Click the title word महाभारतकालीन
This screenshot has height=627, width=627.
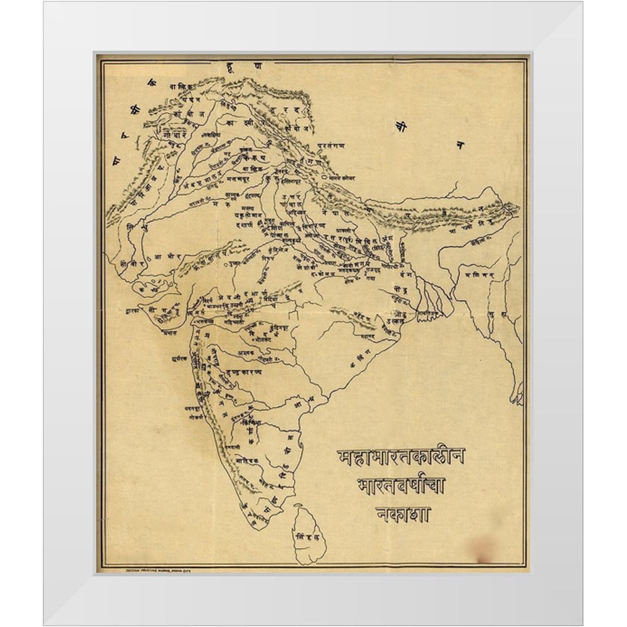tap(401, 456)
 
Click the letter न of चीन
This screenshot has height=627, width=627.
tap(460, 145)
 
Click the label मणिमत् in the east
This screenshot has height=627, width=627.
tap(480, 274)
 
